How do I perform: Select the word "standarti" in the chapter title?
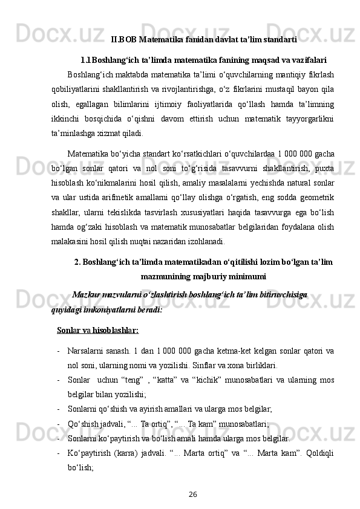pos(280,41)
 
